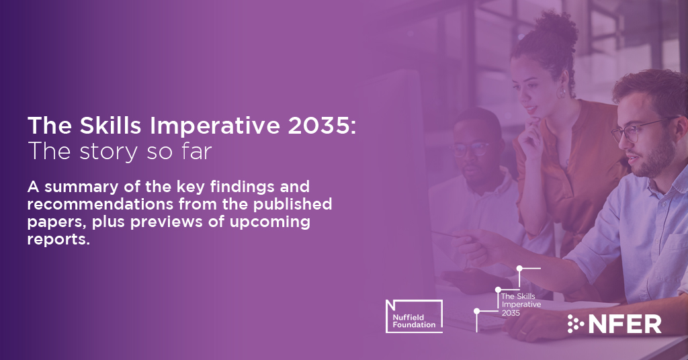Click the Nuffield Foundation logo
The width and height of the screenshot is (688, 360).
click(x=413, y=315)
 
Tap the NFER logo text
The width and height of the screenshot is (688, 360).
click(x=625, y=324)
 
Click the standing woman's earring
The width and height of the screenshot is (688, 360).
click(x=561, y=92)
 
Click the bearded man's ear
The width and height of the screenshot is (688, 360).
click(x=675, y=132)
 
